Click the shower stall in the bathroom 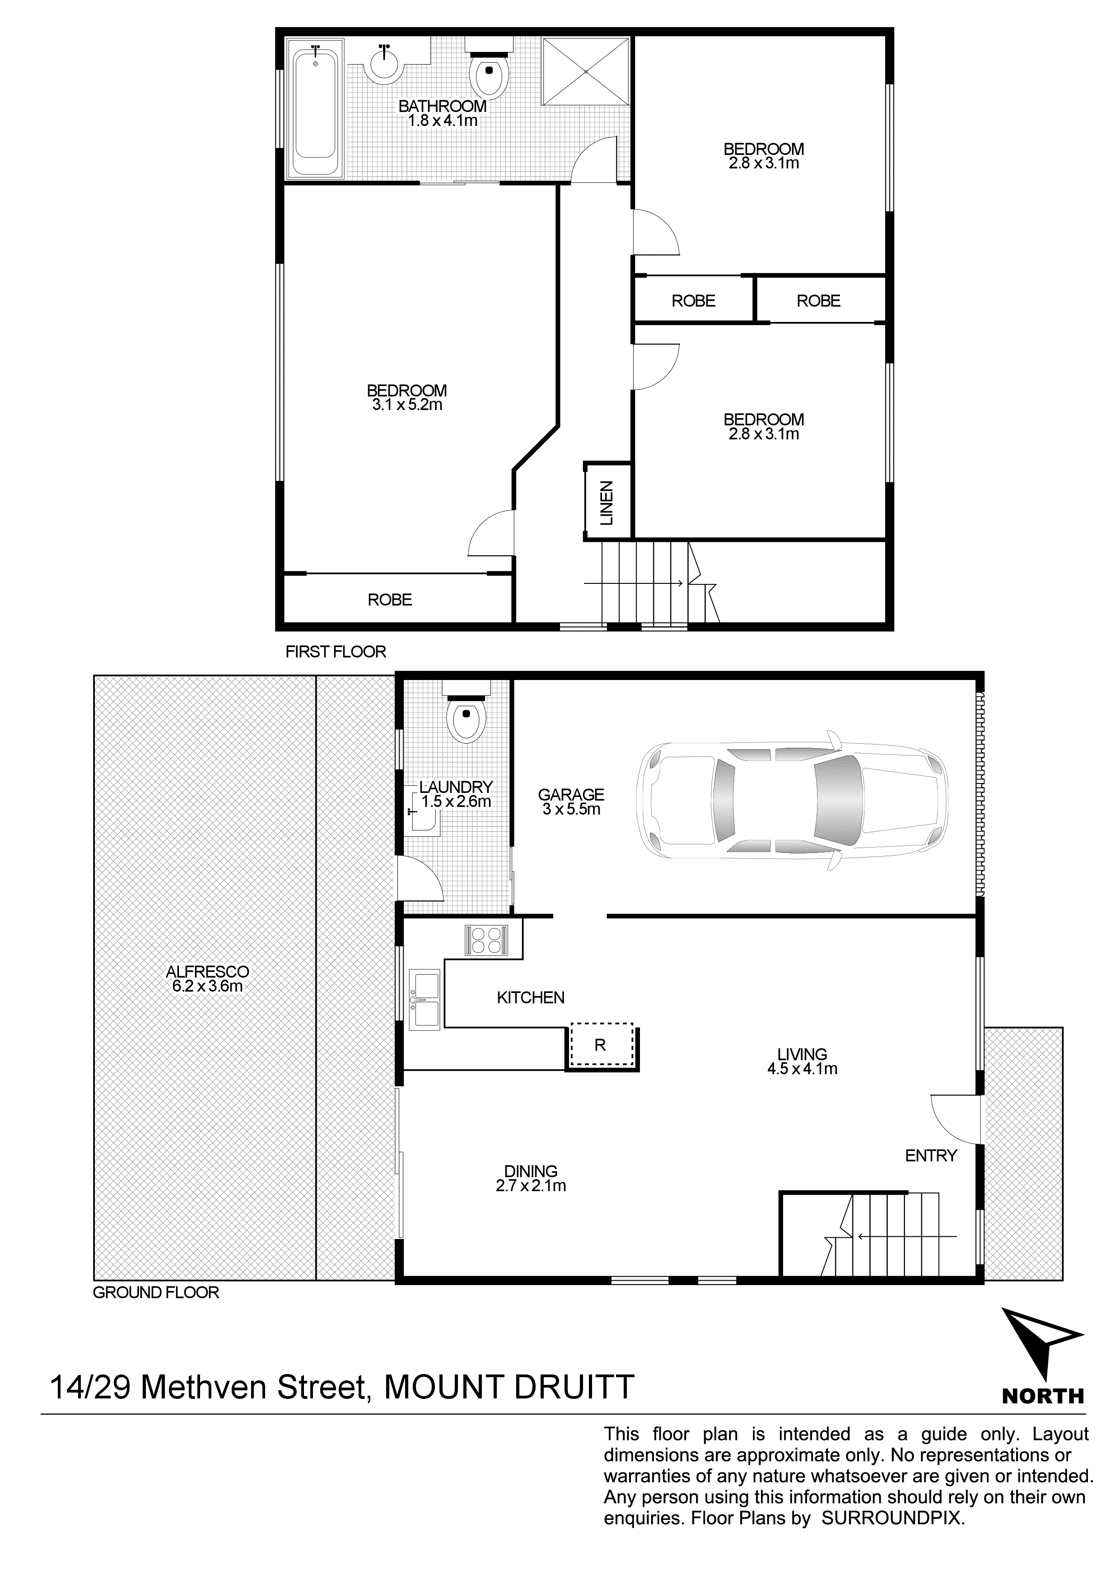[586, 71]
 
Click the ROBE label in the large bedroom [390, 600]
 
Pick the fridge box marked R [600, 1044]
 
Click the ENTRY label [931, 1155]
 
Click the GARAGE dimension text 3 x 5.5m [571, 810]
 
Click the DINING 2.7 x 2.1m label [531, 1179]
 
